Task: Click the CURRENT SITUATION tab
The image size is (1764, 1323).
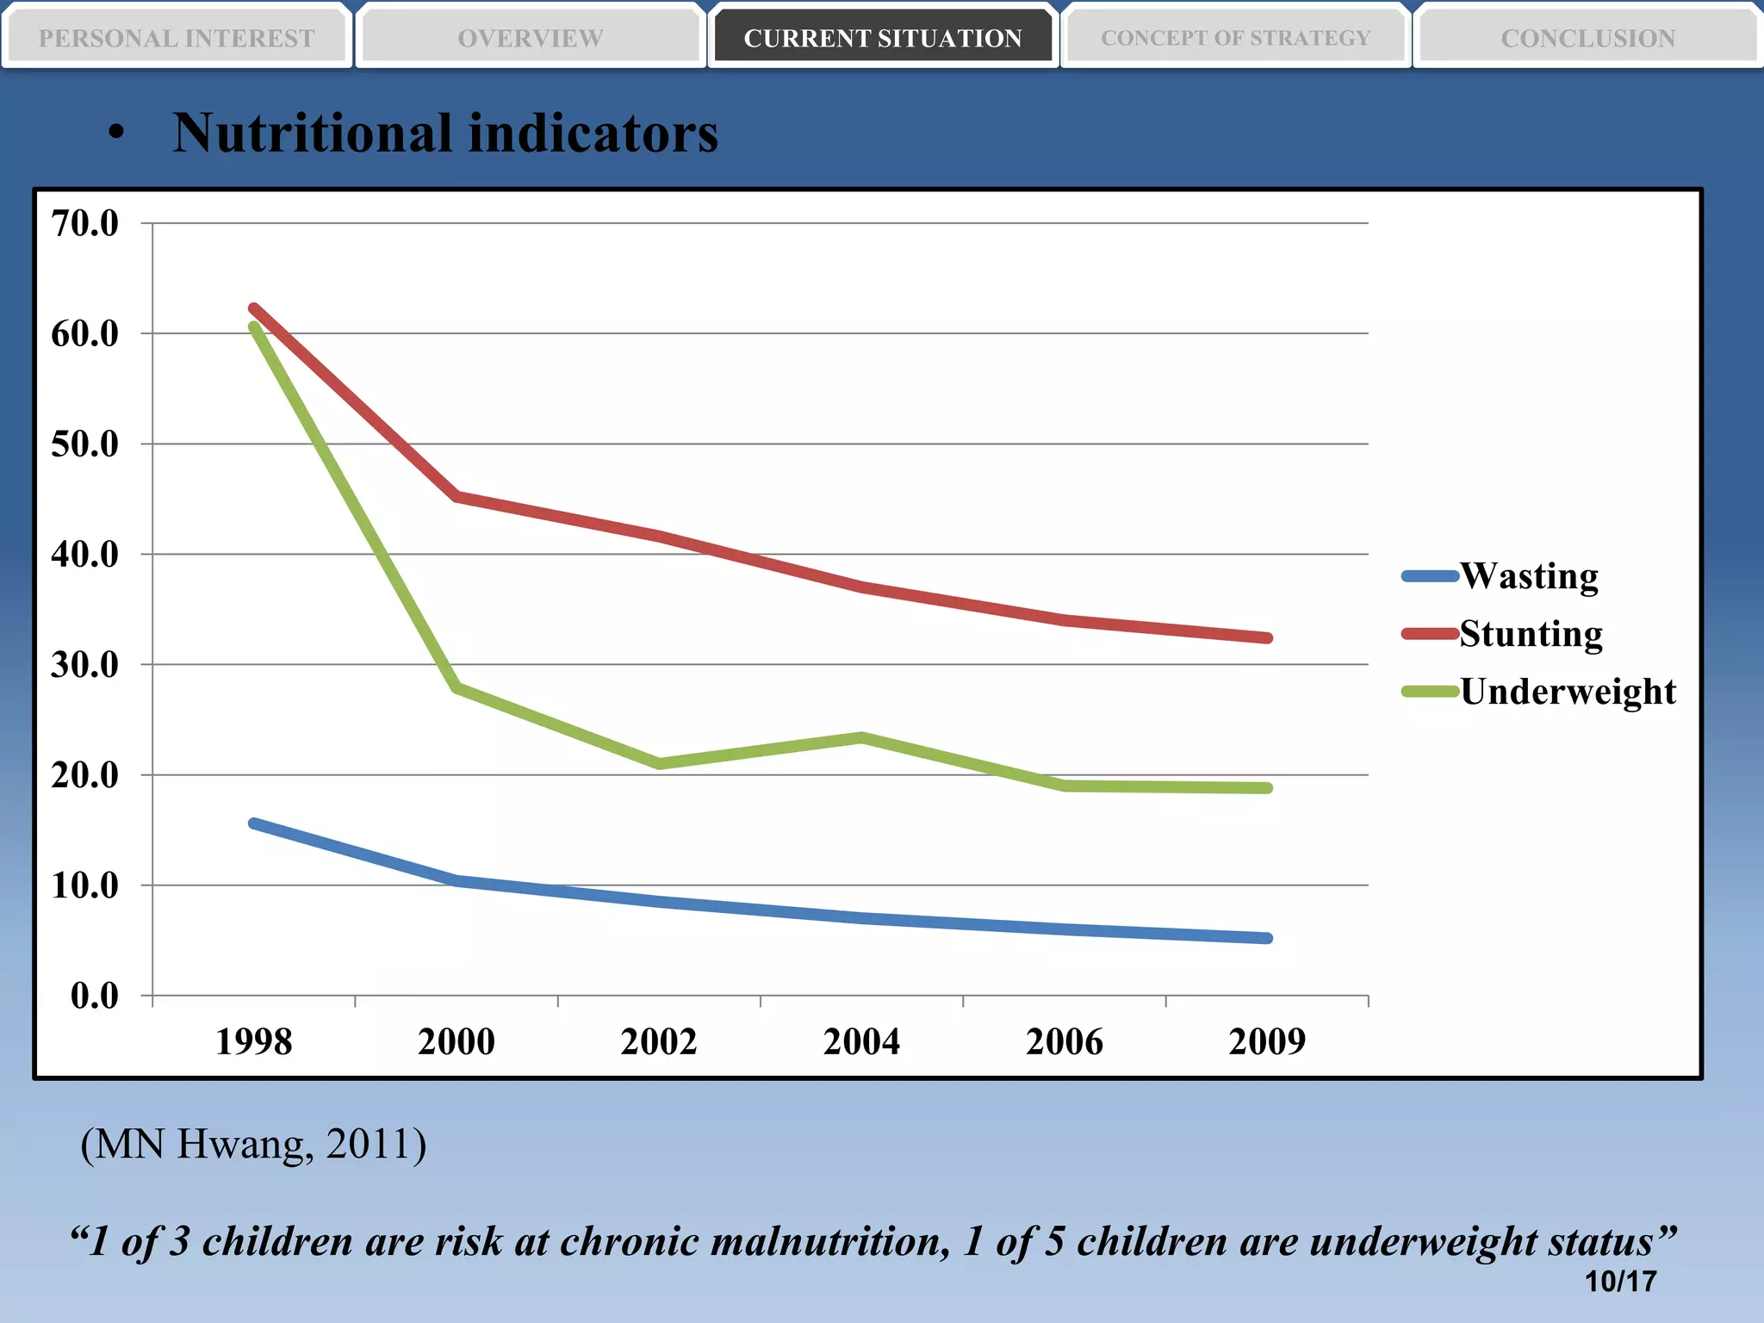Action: [883, 38]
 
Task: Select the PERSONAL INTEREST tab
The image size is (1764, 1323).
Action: [177, 38]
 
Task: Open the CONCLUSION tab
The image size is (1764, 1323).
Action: [1587, 38]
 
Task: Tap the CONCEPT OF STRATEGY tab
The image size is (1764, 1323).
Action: [1235, 38]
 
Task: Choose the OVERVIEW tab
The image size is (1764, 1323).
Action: [530, 38]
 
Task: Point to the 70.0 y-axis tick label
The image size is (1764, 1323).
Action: [84, 223]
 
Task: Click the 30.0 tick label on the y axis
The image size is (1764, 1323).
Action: [84, 664]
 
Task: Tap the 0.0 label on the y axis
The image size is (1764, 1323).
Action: [94, 996]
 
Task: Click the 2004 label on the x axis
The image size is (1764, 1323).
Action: [861, 1041]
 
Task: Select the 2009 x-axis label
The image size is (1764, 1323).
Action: [1267, 1041]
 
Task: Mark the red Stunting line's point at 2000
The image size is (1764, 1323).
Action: [457, 496]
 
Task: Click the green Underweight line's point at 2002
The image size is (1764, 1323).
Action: [659, 763]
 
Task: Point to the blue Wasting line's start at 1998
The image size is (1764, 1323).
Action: [254, 823]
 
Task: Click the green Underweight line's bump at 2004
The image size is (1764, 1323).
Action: [861, 737]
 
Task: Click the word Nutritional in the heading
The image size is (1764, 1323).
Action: [312, 134]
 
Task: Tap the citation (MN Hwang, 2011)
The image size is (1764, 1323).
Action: [253, 1145]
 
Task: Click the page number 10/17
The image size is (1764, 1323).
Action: [1620, 1281]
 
